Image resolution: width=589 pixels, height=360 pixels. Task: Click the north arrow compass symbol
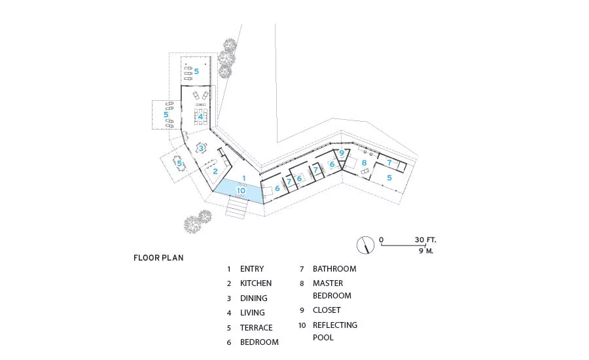click(x=365, y=245)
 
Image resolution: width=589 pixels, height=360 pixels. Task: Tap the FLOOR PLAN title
click(x=158, y=258)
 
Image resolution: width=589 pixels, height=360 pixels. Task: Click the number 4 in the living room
click(x=201, y=117)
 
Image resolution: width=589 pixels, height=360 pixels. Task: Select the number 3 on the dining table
click(x=202, y=149)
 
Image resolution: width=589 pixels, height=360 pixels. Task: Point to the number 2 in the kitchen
click(x=215, y=171)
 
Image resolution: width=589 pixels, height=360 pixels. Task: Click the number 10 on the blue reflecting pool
click(x=241, y=190)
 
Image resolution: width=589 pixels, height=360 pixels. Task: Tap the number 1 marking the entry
click(x=244, y=178)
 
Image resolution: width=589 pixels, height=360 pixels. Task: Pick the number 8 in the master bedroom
click(x=364, y=163)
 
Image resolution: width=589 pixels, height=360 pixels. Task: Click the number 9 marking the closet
click(x=342, y=153)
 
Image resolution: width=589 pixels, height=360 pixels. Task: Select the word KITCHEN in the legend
click(x=256, y=283)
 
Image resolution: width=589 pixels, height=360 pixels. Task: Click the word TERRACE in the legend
click(x=256, y=328)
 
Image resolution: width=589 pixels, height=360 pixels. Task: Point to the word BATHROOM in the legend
click(x=334, y=269)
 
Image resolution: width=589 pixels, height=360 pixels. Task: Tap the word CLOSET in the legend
click(x=327, y=310)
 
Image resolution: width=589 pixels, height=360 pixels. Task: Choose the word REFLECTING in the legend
click(x=335, y=325)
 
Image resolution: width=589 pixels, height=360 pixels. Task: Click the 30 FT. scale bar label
click(x=425, y=240)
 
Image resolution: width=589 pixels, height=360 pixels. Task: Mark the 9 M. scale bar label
click(x=426, y=251)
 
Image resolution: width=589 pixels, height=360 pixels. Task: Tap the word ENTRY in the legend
click(x=252, y=269)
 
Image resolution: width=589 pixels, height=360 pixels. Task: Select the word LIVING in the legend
click(x=253, y=313)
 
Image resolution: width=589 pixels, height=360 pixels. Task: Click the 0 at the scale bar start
click(x=382, y=240)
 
